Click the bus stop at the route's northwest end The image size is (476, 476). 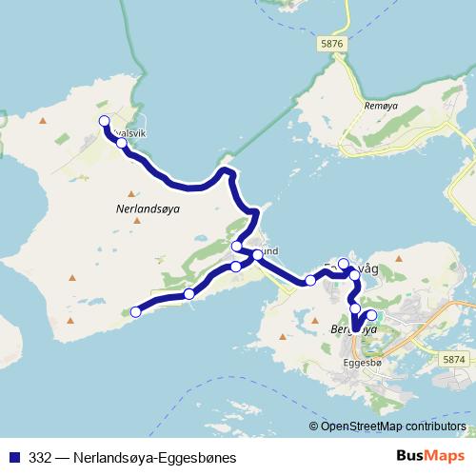click(x=105, y=120)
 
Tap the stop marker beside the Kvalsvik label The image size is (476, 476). click(x=121, y=143)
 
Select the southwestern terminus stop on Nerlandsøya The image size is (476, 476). click(x=135, y=311)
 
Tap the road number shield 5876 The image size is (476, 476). click(x=330, y=45)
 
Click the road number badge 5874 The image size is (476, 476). click(x=456, y=359)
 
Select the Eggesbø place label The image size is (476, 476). click(x=361, y=363)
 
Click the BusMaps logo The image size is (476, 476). click(x=427, y=456)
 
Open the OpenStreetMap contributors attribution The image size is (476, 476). click(x=393, y=426)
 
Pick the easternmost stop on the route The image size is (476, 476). click(x=370, y=316)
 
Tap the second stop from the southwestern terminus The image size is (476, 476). click(x=189, y=293)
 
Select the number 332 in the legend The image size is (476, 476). click(x=41, y=457)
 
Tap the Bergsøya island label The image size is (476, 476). click(x=354, y=329)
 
